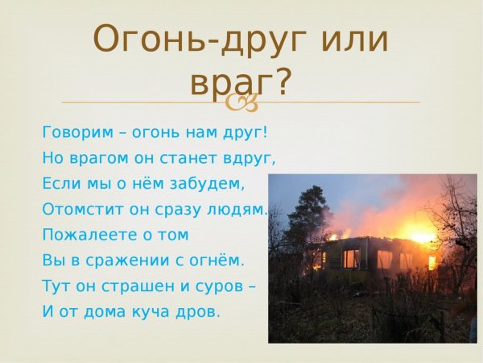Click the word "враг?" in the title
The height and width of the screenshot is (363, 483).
point(241,83)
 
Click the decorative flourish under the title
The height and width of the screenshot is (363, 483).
point(241,103)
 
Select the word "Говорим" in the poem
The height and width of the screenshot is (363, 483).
point(73,131)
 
